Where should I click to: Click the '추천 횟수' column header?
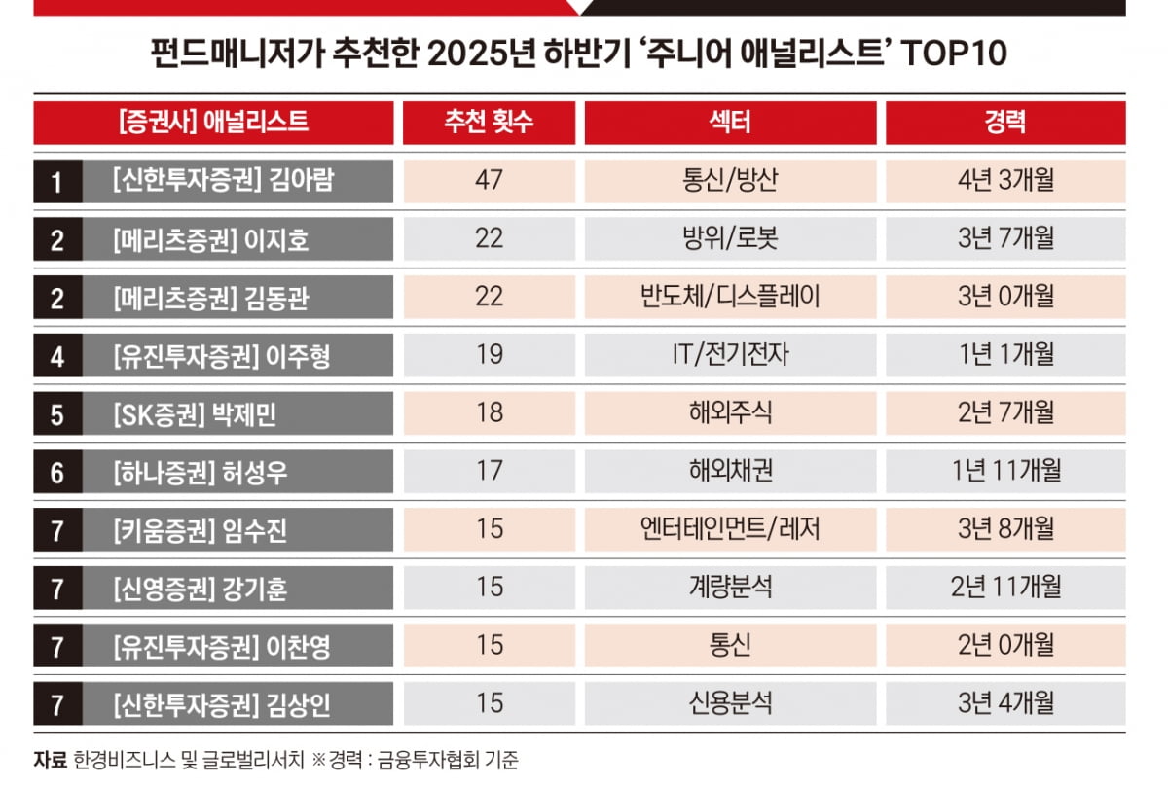pos(489,123)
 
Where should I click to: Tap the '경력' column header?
pos(1004,123)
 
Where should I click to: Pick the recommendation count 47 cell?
pos(489,181)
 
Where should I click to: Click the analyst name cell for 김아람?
pos(238,182)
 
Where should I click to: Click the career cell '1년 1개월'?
pos(1004,355)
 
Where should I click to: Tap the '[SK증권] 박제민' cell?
pos(238,413)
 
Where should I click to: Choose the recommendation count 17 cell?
pos(489,471)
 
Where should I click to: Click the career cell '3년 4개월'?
pos(1004,702)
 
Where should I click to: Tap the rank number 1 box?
pos(57,182)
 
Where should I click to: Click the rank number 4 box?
pos(57,356)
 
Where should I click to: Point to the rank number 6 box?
pos(57,472)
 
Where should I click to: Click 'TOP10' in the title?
pos(954,54)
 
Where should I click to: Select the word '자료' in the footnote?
pos(50,760)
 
